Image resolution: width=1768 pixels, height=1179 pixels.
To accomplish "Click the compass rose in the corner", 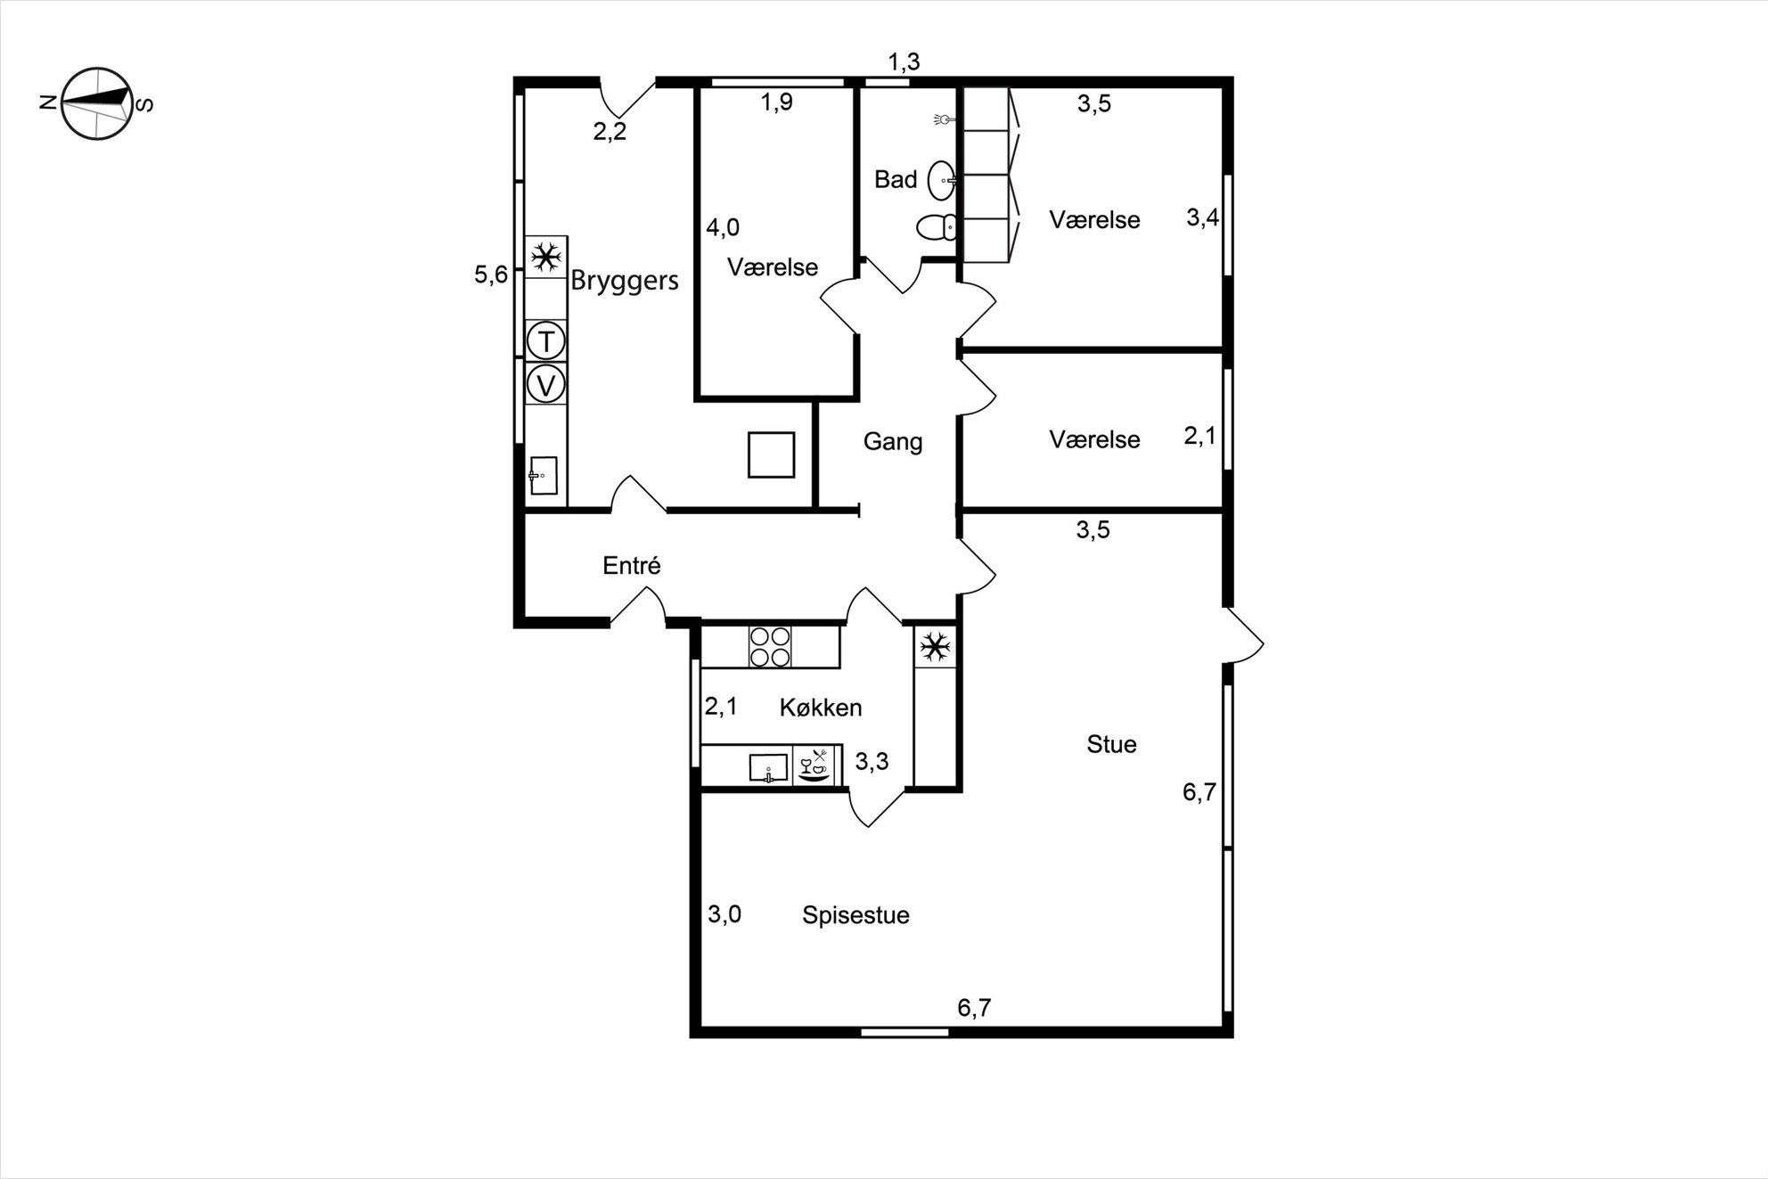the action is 96,103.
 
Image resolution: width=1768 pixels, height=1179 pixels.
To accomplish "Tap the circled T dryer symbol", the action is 546,340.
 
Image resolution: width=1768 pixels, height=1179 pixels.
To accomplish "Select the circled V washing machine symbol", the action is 546,385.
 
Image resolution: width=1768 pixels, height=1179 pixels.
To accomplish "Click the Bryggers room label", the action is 625,281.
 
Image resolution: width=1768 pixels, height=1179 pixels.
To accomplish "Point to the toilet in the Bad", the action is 937,228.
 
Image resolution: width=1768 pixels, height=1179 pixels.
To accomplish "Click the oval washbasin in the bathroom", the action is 942,181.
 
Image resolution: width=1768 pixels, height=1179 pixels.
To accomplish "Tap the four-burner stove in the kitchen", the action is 770,646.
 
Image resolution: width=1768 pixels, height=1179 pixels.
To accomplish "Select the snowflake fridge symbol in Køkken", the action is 935,647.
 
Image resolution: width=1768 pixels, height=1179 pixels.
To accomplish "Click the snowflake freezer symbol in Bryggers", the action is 545,258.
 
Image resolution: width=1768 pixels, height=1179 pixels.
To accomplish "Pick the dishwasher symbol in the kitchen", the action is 816,766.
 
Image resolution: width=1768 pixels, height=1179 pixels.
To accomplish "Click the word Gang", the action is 893,441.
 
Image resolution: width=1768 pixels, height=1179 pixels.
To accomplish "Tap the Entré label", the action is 632,565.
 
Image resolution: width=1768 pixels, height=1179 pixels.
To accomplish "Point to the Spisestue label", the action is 855,915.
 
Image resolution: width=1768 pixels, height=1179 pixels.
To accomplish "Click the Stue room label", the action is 1111,744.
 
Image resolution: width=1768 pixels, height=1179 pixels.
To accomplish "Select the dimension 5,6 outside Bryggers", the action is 491,274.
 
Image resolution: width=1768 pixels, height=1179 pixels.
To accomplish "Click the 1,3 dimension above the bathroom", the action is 904,62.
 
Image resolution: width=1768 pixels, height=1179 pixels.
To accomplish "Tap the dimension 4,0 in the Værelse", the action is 723,228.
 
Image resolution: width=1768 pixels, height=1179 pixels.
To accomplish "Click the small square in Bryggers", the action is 771,454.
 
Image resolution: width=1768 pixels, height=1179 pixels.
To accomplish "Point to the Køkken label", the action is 821,708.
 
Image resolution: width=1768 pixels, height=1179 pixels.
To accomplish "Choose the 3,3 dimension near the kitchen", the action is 872,761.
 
